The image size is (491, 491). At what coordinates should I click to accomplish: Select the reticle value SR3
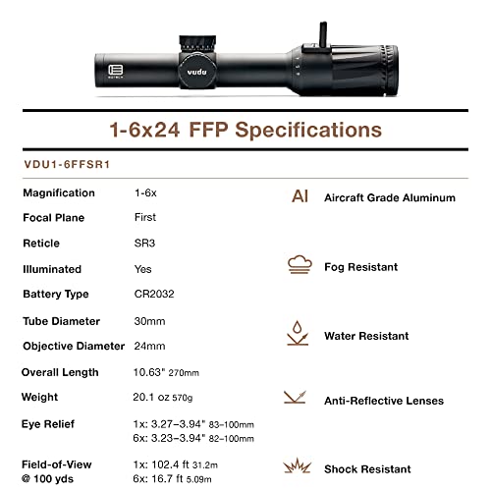coord(143,242)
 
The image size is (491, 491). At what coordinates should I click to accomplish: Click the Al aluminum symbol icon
coord(300,196)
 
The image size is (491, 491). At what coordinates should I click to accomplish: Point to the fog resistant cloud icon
coord(299,264)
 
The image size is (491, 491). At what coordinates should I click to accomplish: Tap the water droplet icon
coord(299,333)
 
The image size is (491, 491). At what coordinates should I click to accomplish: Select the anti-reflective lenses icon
coord(299,399)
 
